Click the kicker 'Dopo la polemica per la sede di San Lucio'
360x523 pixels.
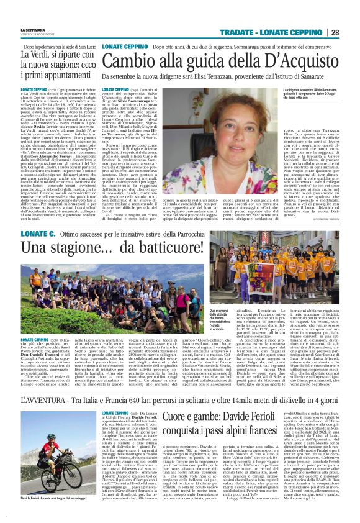click(58, 47)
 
